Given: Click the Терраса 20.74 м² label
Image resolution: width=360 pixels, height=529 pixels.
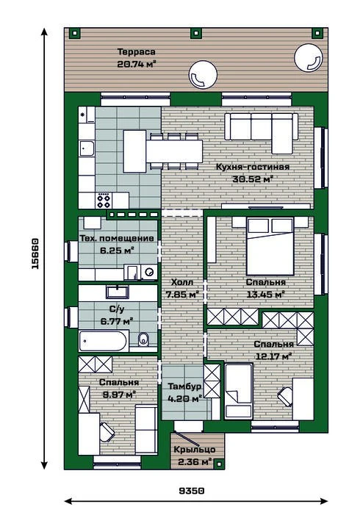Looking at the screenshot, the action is [137, 58].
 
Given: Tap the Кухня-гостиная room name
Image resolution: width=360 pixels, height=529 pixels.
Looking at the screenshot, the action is [253, 167].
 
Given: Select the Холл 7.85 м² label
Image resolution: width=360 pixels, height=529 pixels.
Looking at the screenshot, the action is [182, 288].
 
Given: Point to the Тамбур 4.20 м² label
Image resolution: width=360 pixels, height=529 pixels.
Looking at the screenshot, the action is [184, 392].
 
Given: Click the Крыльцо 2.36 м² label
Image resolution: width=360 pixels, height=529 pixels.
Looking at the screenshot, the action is [195, 456].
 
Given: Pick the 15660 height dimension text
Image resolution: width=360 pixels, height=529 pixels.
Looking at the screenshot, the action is [35, 253].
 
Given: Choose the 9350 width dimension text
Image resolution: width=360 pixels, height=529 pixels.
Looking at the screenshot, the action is [192, 491].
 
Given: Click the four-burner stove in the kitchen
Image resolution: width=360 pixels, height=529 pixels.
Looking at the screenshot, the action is [104, 201].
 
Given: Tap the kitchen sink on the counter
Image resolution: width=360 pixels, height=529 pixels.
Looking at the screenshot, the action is [87, 148].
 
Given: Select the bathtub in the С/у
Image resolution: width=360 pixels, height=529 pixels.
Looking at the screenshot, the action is [104, 341].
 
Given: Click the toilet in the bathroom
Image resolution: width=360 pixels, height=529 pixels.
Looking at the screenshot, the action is [143, 339].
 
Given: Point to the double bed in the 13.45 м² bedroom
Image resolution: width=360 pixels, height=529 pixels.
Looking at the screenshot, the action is [270, 246].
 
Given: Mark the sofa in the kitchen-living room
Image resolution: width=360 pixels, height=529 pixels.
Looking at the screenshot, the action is [262, 132].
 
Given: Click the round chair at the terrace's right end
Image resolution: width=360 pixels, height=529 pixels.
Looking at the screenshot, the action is [309, 58].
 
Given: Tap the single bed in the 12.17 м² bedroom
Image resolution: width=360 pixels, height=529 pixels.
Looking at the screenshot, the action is [239, 391].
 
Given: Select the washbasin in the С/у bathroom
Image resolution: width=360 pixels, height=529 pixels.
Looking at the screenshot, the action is [118, 292].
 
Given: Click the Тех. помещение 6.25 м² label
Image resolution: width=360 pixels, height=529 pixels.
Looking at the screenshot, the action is [117, 244].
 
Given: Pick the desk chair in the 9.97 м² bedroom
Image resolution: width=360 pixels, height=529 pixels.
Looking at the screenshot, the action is [107, 433].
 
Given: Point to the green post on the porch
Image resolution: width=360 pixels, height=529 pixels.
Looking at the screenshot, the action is [220, 464].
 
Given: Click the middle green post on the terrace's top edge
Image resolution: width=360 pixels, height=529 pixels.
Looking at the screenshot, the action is [195, 33].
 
